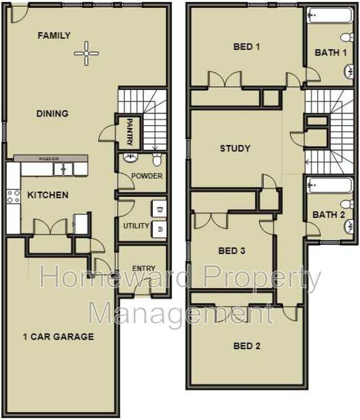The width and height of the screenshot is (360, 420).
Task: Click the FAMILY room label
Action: (54, 35)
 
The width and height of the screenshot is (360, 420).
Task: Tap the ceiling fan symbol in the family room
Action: (86, 53)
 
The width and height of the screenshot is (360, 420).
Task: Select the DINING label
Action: (52, 114)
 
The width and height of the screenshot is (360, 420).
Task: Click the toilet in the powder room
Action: (157, 160)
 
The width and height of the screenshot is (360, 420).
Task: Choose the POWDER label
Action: (147, 176)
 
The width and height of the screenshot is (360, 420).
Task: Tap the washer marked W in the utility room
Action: (160, 209)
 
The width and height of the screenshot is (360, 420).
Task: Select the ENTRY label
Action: (143, 269)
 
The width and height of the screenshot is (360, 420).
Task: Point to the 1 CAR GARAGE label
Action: (58, 336)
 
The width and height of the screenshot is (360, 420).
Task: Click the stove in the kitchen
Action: (13, 196)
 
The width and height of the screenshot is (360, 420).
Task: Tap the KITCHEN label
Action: (48, 195)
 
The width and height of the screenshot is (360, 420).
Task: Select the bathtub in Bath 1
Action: (330, 17)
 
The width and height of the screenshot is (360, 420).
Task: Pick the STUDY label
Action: (235, 148)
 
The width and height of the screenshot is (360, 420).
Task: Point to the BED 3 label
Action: (232, 251)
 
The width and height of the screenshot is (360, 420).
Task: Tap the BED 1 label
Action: (246, 47)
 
